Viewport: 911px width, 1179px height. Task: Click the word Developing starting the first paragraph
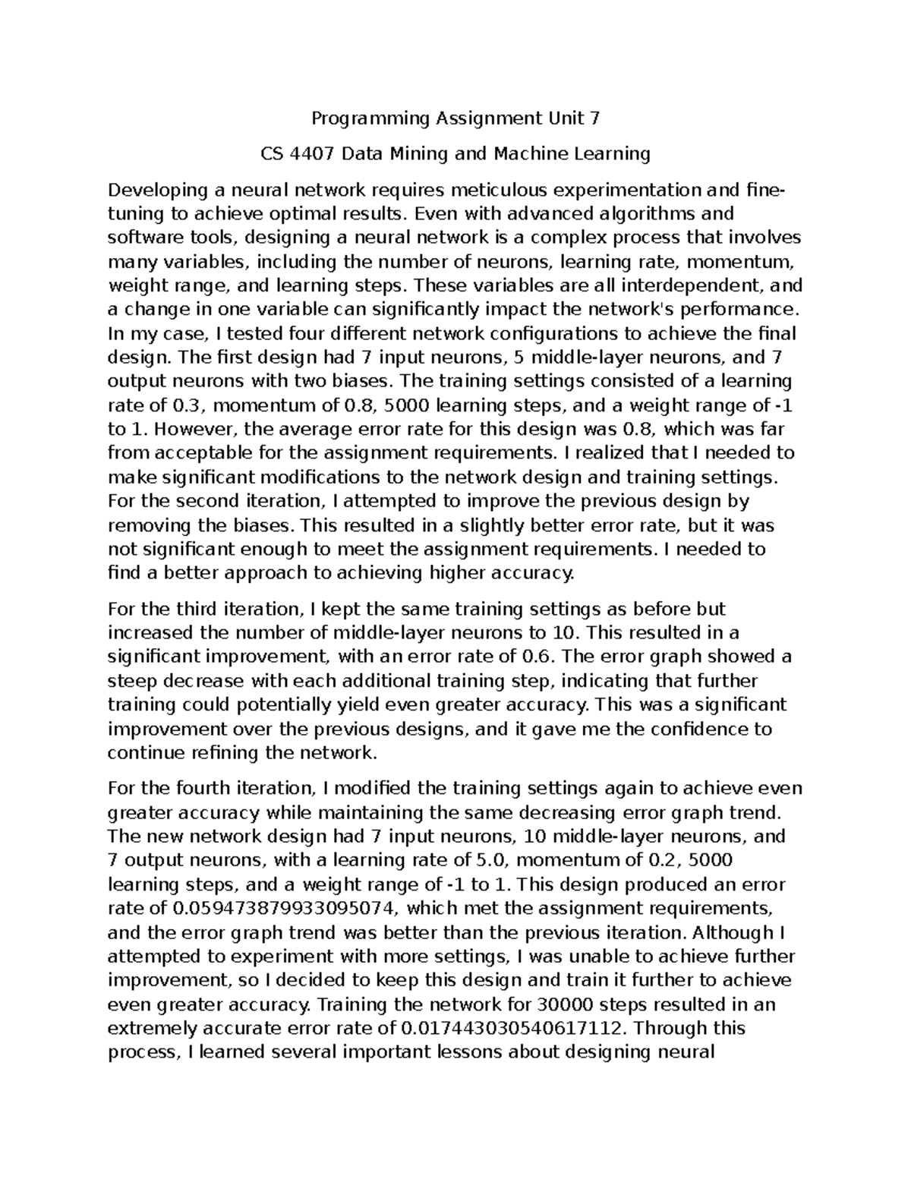(156, 190)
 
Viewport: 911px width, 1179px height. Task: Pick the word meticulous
(479, 190)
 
